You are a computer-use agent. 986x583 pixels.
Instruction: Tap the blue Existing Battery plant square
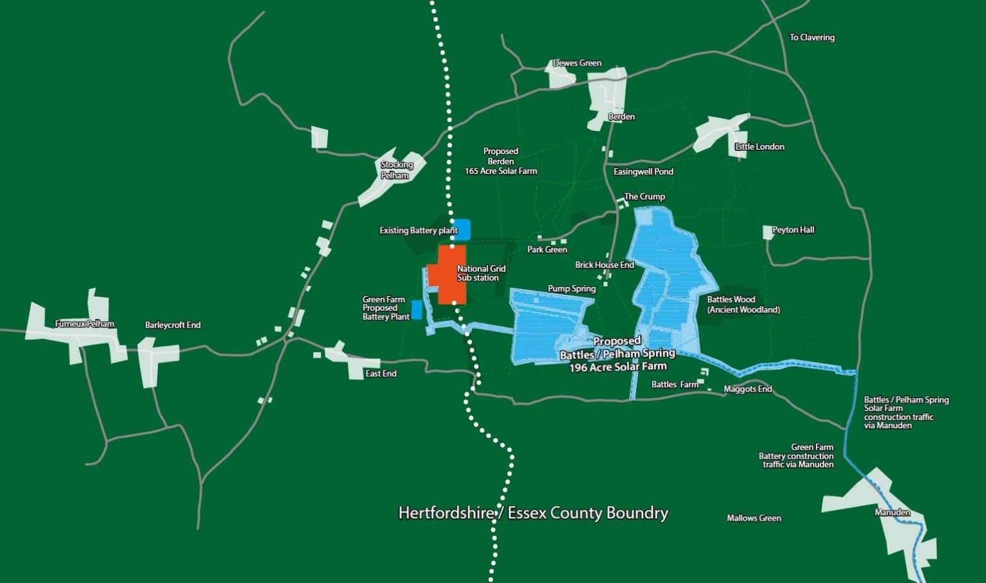[x=462, y=229]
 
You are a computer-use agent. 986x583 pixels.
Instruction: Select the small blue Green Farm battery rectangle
[x=417, y=309]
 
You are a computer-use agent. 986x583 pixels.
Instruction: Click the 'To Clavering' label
[x=811, y=37]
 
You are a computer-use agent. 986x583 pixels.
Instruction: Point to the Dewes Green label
[x=577, y=63]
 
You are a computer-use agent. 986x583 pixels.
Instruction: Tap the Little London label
[x=759, y=146]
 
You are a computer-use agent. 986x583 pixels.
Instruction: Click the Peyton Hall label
[x=793, y=230]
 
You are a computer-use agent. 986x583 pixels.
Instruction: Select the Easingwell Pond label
[x=643, y=171]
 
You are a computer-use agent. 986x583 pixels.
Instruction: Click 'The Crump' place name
[x=644, y=196]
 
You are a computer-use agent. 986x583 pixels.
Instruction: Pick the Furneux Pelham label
[x=85, y=324]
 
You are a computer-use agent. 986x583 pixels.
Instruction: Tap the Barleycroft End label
[x=173, y=325]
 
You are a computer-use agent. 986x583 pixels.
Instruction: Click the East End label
[x=381, y=374]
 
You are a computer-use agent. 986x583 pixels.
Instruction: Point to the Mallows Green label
[x=754, y=518]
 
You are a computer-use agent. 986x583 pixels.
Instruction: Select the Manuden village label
[x=892, y=512]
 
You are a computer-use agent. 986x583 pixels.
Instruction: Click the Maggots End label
[x=747, y=389]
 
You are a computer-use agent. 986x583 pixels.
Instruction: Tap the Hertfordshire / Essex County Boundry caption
[x=533, y=513]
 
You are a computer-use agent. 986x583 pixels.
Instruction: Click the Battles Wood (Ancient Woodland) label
[x=743, y=304]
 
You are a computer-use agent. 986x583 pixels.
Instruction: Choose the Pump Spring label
[x=571, y=289]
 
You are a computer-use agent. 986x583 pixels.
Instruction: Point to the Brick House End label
[x=604, y=265]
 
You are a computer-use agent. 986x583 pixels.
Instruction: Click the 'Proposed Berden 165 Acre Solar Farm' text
[x=501, y=161]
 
